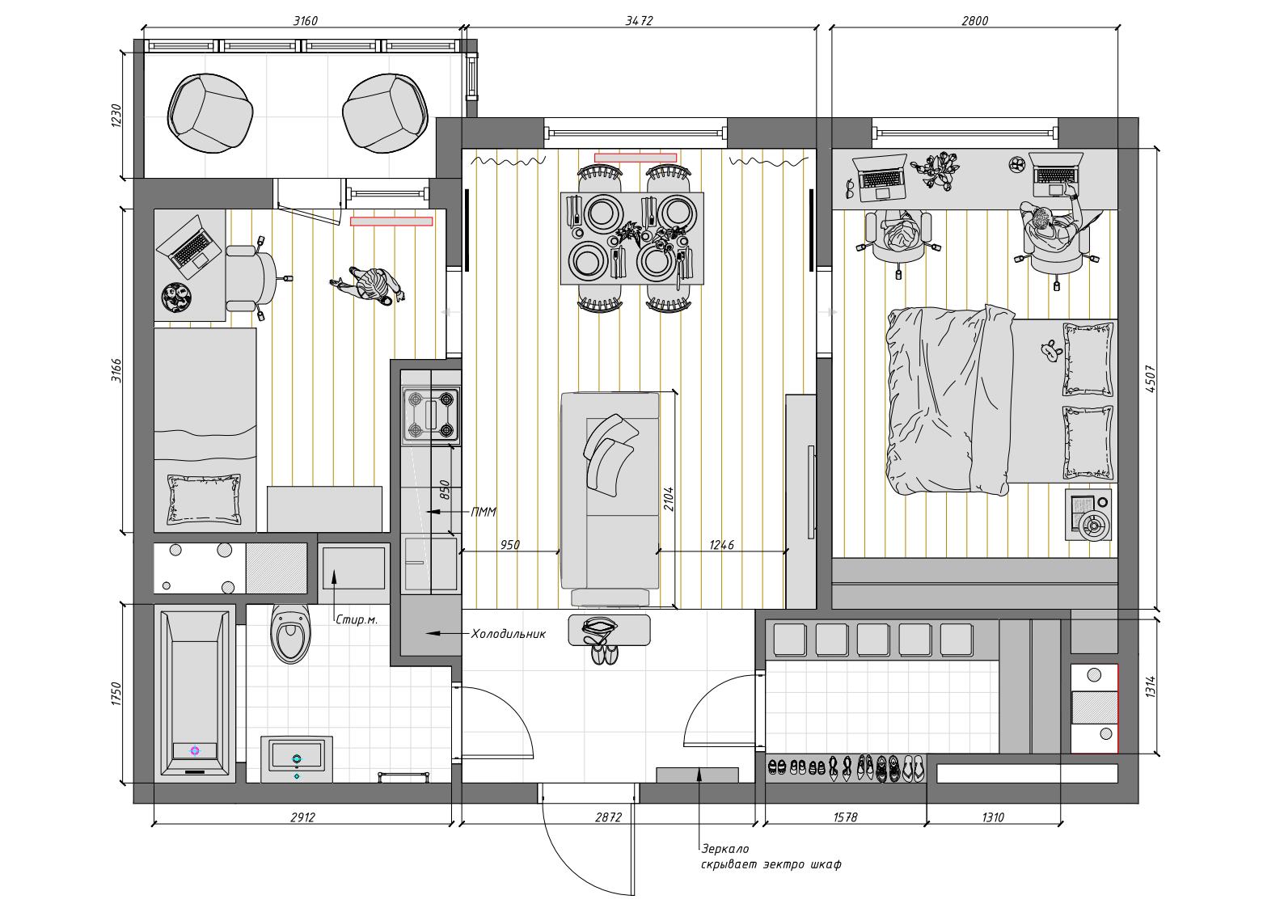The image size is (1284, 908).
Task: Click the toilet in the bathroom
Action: [291, 634]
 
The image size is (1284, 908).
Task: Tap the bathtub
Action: [195, 694]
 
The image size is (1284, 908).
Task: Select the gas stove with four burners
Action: [431, 416]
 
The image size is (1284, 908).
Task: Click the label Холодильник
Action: [508, 634]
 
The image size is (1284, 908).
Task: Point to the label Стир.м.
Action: [357, 619]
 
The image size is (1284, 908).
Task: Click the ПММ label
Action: [484, 512]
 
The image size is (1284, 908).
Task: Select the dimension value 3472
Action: [639, 21]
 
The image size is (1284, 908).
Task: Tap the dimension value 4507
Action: [1150, 379]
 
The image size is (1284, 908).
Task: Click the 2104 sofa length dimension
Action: [669, 500]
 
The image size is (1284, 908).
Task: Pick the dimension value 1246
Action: [721, 545]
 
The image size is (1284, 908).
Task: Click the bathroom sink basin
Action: [297, 759]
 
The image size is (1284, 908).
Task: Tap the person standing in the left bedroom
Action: [369, 285]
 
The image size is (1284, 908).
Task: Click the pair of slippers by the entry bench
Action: [604, 654]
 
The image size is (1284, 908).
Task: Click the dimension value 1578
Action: [845, 817]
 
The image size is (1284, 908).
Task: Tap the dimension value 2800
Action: [974, 21]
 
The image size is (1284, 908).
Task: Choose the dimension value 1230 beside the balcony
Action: [116, 116]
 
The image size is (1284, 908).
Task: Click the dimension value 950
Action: [509, 545]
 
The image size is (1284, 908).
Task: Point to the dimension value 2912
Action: [302, 817]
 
